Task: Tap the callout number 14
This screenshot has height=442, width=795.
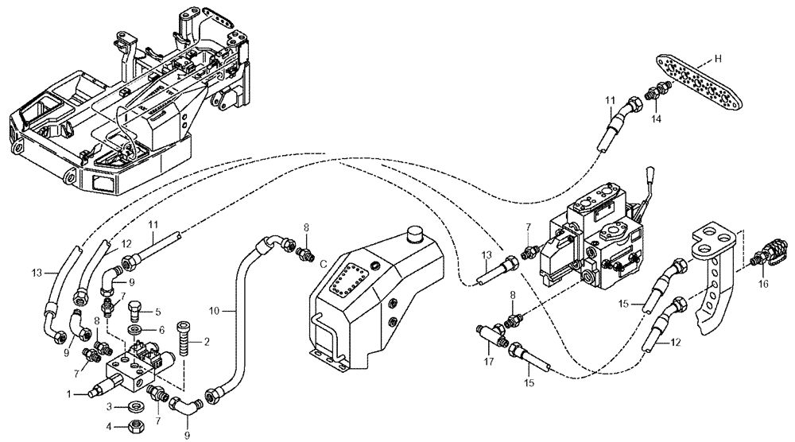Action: tap(657, 118)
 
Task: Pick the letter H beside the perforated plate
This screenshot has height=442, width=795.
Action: tap(717, 58)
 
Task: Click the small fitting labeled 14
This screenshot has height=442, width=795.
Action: tap(657, 91)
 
